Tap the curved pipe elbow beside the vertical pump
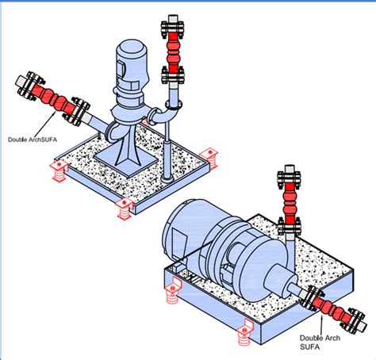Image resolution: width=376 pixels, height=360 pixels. [x=163, y=117]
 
